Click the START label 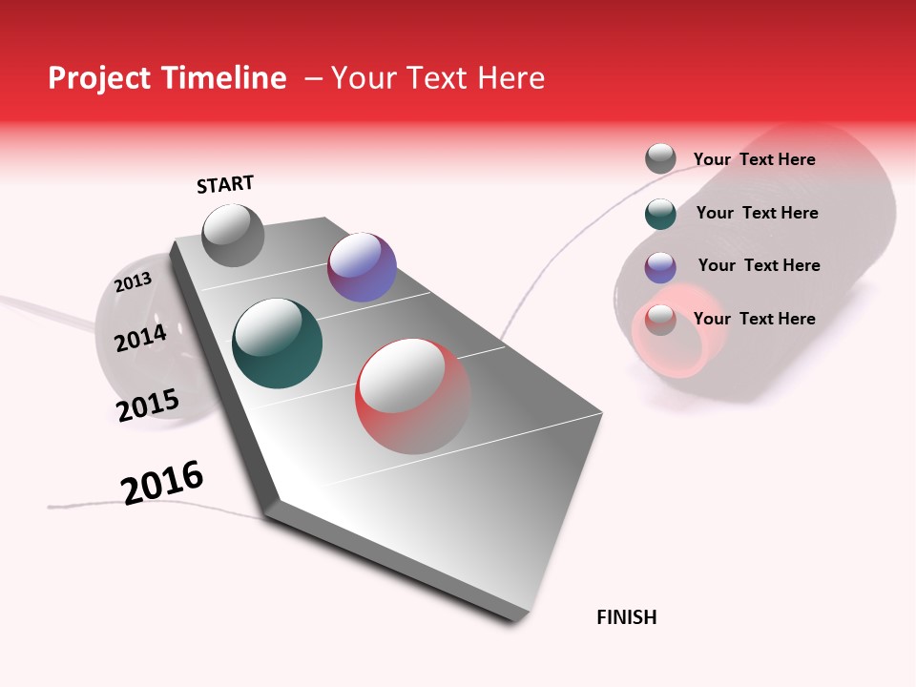225,184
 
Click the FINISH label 626,617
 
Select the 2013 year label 133,282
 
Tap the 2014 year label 140,338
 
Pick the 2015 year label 148,406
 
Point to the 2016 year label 162,482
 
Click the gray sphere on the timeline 233,235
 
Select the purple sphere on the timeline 362,267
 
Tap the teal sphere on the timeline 278,343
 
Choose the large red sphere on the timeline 412,396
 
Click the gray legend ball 660,158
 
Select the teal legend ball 660,214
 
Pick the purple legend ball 660,267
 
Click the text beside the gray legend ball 754,159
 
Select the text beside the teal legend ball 757,213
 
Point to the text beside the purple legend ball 759,265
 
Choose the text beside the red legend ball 754,319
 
